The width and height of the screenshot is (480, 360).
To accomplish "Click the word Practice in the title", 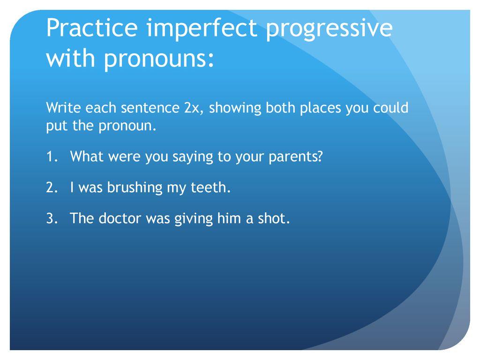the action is (92, 28).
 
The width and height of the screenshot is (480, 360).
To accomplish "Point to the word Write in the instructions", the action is (63, 108).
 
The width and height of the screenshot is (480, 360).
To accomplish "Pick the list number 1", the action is (52, 157).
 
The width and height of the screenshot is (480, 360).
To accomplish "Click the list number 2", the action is (52, 187).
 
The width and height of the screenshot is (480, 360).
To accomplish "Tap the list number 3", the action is (52, 218).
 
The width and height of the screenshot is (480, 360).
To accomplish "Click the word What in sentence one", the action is (87, 156).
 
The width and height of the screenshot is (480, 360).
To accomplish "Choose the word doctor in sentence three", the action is (120, 218).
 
